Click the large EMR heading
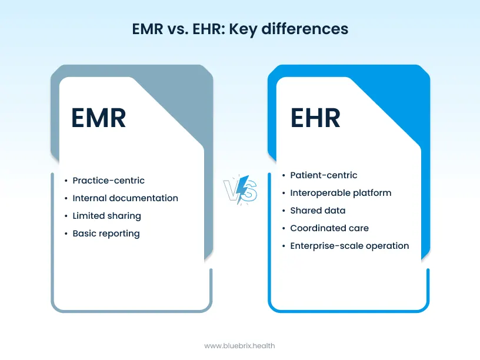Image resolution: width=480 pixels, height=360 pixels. coord(98,118)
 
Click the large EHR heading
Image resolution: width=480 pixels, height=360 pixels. coord(315,118)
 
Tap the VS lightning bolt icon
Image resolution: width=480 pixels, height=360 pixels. coord(240,190)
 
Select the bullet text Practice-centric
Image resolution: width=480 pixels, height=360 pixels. coord(108,181)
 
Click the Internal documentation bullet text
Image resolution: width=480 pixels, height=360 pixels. coord(125,198)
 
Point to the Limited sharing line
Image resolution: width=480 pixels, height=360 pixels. coord(106,216)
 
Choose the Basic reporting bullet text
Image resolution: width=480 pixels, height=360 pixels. coord(106,234)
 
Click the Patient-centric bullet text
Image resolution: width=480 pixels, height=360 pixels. coord(324,175)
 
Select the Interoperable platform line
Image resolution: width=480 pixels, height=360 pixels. coord(341,193)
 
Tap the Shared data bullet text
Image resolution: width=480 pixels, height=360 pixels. coord(318,211)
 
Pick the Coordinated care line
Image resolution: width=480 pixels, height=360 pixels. coord(329,228)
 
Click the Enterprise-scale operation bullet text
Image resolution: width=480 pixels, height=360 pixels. coord(349,246)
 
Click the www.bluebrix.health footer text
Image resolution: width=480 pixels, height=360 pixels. coord(239,346)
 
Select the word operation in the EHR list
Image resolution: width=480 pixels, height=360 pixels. coord(386,246)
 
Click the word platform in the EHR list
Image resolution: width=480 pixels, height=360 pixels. coord(372,193)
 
